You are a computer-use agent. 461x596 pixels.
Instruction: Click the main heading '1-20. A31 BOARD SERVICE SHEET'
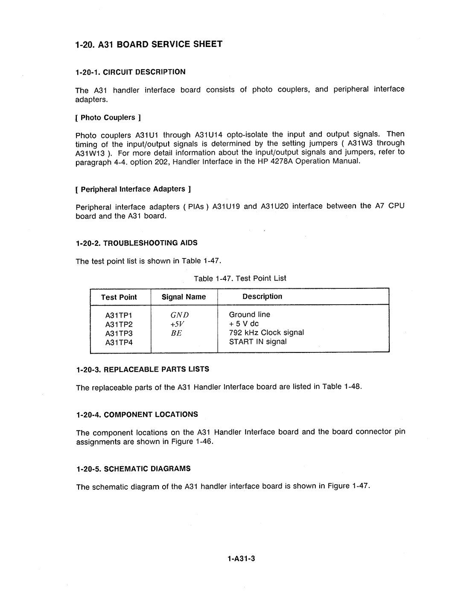(148, 44)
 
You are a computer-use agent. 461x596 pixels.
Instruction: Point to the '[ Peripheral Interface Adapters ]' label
(133, 189)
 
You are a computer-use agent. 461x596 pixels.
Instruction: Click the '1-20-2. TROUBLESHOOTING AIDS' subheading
(137, 243)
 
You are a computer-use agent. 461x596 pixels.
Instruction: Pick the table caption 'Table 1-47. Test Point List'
(240, 278)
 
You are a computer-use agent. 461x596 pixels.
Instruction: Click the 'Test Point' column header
(119, 297)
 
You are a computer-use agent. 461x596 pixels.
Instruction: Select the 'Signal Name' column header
(184, 297)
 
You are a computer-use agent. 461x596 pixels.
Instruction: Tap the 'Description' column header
(262, 297)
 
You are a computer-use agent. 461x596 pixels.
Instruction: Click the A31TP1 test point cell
(120, 315)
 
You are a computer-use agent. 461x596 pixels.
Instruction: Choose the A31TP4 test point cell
(120, 342)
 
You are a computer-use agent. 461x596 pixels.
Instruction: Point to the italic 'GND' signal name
(180, 315)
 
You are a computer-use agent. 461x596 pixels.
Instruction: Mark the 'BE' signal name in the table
(177, 333)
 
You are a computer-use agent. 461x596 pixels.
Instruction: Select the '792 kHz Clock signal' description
(266, 333)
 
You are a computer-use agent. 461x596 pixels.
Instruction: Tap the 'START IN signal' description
(258, 342)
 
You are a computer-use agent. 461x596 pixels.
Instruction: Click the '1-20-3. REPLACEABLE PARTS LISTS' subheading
(142, 369)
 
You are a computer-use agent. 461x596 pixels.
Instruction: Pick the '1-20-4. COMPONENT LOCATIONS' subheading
(137, 414)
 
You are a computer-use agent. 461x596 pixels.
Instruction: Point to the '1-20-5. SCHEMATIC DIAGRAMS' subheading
(133, 468)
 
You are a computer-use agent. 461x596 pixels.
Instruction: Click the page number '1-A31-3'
(241, 559)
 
